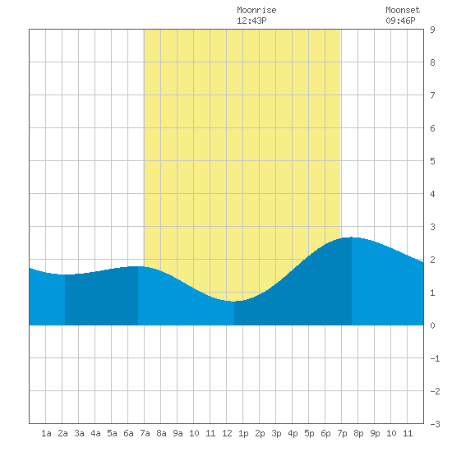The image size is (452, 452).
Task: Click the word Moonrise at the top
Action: (x=256, y=11)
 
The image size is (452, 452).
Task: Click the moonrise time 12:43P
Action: (x=251, y=21)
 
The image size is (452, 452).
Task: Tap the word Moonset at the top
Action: (x=403, y=11)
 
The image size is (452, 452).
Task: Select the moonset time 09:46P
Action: (x=400, y=21)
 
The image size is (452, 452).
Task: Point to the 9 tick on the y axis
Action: (x=432, y=30)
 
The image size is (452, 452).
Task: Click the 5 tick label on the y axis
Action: (x=432, y=161)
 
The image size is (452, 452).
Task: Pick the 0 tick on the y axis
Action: (x=432, y=325)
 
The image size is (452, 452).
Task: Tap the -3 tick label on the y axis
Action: (x=435, y=424)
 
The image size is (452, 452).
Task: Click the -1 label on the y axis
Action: (x=435, y=358)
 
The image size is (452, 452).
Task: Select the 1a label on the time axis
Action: (x=46, y=433)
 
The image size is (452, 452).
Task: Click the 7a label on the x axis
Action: (x=145, y=433)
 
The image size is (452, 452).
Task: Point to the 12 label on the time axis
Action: (x=227, y=433)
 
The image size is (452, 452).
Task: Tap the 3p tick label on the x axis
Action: (x=276, y=433)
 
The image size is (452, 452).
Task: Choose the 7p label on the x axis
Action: (x=342, y=433)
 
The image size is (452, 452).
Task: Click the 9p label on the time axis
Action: (x=375, y=433)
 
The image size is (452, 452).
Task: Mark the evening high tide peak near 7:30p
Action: (x=352, y=238)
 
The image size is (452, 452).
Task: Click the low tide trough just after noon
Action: (x=233, y=302)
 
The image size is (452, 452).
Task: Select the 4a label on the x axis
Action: (x=95, y=433)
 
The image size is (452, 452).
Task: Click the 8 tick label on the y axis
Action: (x=432, y=62)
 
